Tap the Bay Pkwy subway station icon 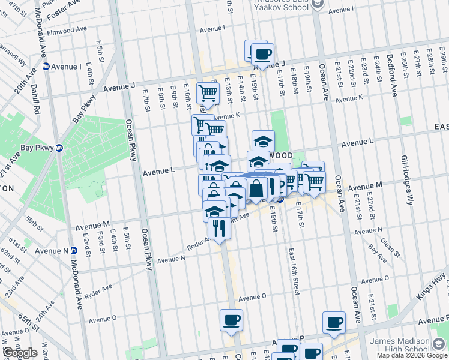pyautogui.click(x=59, y=148)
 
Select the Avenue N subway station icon pyautogui.click(x=74, y=250)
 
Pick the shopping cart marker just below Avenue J pyautogui.click(x=208, y=93)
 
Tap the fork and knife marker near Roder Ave pyautogui.click(x=219, y=228)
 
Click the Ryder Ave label pyautogui.click(x=99, y=279)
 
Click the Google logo pyautogui.click(x=19, y=353)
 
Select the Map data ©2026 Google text pyautogui.click(x=412, y=355)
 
